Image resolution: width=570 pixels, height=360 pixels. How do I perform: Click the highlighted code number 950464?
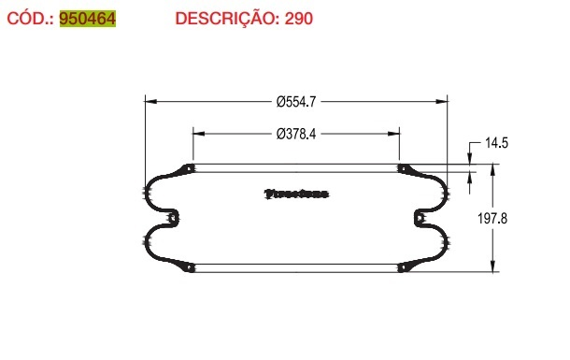pos(88,19)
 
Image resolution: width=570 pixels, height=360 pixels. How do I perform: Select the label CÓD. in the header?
pos(30,19)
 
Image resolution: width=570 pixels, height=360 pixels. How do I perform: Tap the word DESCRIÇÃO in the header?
pos(222,19)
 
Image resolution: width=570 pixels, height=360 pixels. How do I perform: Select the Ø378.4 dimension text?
pos(295,133)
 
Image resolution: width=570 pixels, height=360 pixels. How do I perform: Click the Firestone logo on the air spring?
pos(296,194)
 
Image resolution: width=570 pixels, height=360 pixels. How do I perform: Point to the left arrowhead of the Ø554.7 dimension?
pos(148,100)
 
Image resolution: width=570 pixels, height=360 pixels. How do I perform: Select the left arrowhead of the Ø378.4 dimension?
pos(196,133)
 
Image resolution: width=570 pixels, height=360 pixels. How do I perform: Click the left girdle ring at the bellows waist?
pos(172,218)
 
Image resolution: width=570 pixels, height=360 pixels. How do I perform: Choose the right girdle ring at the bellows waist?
pos(420,218)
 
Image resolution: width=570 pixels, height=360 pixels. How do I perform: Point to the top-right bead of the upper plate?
pos(403,169)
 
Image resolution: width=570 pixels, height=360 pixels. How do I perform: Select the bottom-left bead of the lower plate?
pos(190,267)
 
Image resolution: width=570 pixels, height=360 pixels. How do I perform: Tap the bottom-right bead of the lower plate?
pos(403,267)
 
